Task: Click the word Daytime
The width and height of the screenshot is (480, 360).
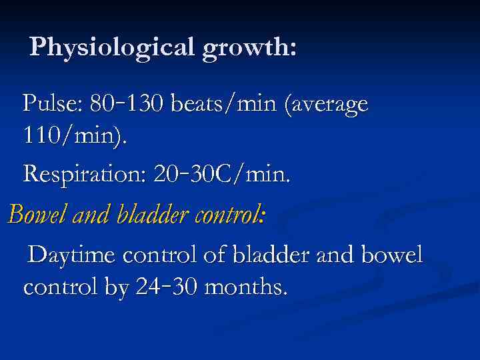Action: pyautogui.click(x=72, y=255)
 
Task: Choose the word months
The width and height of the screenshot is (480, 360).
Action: pyautogui.click(x=246, y=288)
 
